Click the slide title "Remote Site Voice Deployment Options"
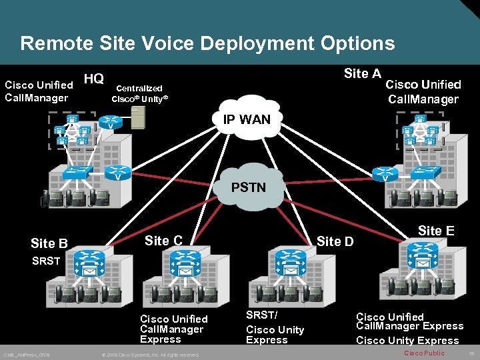click(x=207, y=44)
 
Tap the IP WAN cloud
click(x=247, y=120)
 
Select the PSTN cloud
click(x=248, y=187)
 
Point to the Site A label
click(x=362, y=73)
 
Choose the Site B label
click(x=49, y=243)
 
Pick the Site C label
click(x=163, y=241)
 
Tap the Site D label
click(x=335, y=241)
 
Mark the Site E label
click(x=436, y=231)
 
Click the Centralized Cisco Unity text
click(x=139, y=93)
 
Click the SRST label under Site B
click(x=46, y=261)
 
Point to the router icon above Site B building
click(x=87, y=259)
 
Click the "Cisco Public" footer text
click(x=424, y=353)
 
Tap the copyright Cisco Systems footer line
click(x=150, y=355)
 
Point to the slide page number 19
click(x=471, y=353)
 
